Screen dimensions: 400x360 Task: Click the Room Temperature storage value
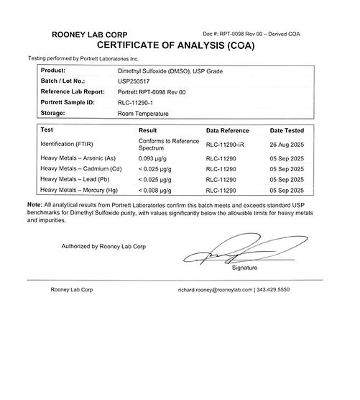(x=147, y=112)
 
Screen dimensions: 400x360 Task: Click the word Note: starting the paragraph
(x=35, y=204)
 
